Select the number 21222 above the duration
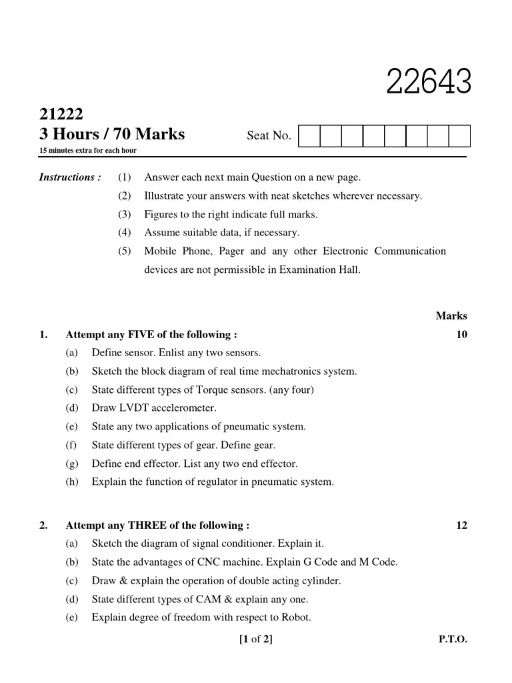(61, 113)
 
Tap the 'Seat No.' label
(269, 136)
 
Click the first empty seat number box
(309, 136)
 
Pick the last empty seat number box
(459, 136)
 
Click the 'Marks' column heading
(451, 316)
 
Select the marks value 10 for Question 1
(461, 334)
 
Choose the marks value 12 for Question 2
(461, 526)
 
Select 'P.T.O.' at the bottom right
(453, 640)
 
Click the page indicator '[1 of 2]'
(255, 640)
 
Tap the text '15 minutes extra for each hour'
(88, 151)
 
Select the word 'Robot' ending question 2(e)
(295, 617)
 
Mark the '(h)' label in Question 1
(72, 481)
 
